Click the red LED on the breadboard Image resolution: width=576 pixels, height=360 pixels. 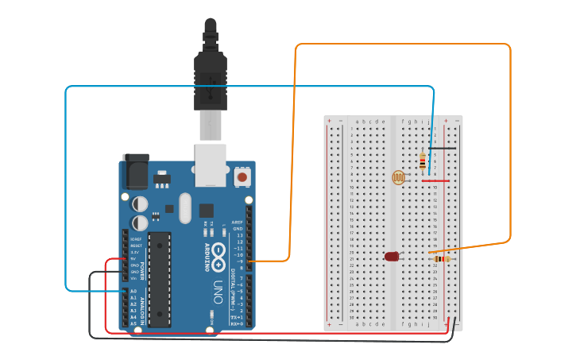[392, 257]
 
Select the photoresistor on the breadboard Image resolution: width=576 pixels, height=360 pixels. [399, 178]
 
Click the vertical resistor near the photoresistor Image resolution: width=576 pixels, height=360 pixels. [422, 161]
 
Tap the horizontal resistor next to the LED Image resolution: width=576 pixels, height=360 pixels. [442, 258]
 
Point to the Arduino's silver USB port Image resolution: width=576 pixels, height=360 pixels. [211, 165]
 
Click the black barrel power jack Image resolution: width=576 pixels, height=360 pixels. [135, 171]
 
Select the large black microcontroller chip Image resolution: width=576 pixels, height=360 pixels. [159, 279]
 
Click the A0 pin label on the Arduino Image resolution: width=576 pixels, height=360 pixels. [133, 291]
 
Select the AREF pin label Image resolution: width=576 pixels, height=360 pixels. [237, 223]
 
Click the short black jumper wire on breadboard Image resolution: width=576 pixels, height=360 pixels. [442, 148]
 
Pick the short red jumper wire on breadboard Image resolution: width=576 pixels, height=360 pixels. [435, 180]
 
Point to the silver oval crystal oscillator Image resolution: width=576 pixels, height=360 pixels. [185, 208]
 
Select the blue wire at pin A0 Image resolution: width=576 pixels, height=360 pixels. [95, 291]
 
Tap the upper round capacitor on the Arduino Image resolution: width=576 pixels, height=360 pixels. [140, 204]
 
